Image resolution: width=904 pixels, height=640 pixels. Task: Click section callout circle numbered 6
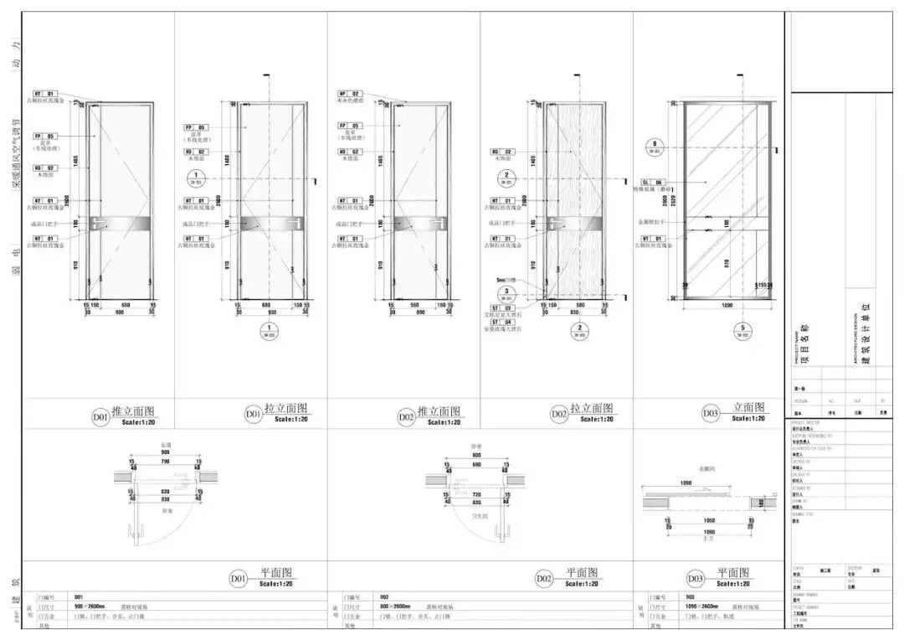tap(655, 145)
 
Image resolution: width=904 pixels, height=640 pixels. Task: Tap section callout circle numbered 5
tap(742, 330)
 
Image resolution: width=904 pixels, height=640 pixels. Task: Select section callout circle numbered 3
tap(505, 292)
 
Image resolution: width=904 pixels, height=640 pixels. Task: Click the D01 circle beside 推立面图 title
tap(100, 415)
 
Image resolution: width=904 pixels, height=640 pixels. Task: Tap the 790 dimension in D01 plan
tap(165, 461)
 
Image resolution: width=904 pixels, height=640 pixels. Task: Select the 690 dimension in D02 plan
tap(475, 463)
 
